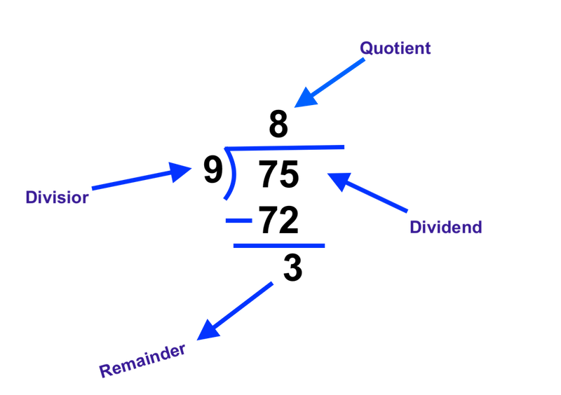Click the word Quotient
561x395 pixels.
(395, 48)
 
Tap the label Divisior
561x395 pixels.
(57, 197)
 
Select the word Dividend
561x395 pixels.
(446, 227)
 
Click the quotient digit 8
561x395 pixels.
(278, 124)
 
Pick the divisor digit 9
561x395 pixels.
(213, 169)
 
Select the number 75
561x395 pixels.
(278, 174)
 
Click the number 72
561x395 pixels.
(278, 220)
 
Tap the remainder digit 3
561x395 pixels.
(292, 268)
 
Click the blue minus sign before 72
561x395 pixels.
(238, 221)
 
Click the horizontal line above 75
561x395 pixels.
(285, 147)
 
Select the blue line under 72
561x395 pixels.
(279, 246)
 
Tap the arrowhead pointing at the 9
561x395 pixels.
(179, 172)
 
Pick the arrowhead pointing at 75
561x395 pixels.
(339, 181)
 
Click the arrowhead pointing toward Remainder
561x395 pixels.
(208, 331)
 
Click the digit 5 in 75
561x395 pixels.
(289, 174)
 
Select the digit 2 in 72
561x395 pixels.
(289, 220)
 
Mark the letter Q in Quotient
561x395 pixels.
(367, 48)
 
